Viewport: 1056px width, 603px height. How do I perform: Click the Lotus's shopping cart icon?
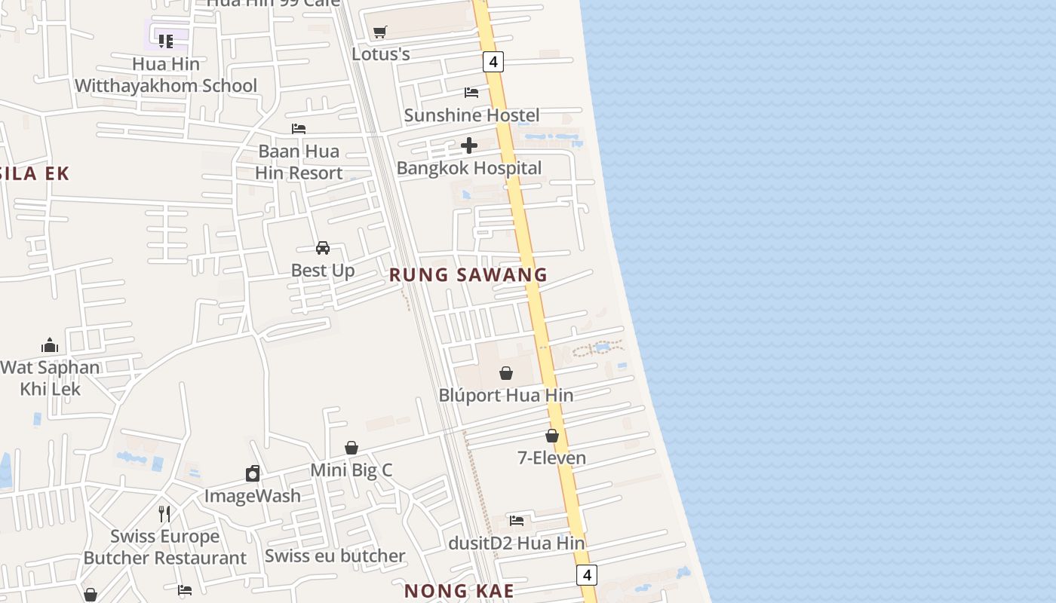(x=380, y=32)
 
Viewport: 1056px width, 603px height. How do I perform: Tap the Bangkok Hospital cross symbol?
(x=469, y=145)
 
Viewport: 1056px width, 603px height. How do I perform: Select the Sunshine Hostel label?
(x=471, y=115)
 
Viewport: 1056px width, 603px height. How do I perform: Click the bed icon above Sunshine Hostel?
(x=471, y=93)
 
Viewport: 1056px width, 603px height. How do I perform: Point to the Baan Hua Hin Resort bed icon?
(x=299, y=129)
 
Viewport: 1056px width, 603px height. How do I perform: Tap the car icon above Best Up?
(x=323, y=248)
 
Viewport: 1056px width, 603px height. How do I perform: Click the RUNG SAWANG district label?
(x=468, y=275)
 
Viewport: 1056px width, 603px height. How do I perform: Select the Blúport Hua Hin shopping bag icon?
(x=506, y=373)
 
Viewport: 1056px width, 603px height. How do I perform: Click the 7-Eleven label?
(x=551, y=458)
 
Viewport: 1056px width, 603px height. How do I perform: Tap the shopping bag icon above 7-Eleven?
(x=552, y=436)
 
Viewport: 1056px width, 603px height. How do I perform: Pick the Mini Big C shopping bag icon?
(x=351, y=448)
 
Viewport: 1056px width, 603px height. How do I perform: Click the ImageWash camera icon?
(x=253, y=473)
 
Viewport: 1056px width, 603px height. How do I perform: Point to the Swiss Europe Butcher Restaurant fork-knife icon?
(x=164, y=514)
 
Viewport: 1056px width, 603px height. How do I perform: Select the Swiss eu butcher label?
(x=335, y=556)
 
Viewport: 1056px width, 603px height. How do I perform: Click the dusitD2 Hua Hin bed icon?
(x=517, y=521)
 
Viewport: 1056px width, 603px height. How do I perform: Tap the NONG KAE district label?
(x=459, y=591)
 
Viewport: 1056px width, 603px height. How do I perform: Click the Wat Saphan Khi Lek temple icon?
(x=50, y=345)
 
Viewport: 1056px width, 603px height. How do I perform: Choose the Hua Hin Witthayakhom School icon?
(x=165, y=41)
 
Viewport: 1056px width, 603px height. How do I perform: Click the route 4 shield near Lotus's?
(x=493, y=62)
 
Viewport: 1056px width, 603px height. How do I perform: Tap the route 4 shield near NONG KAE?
(x=586, y=575)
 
